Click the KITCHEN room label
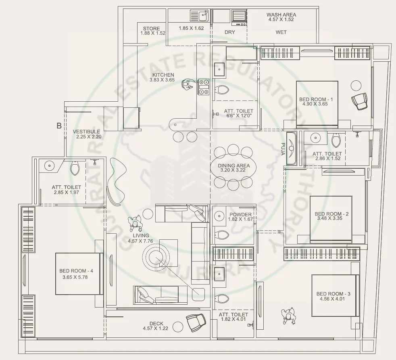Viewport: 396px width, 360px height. [163, 75]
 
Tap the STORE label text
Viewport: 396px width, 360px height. [151, 29]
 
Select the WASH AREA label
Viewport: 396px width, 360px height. [281, 15]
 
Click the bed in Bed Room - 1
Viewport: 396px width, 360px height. [317, 104]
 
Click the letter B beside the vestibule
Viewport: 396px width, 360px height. [59, 126]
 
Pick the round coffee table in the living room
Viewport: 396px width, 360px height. [156, 256]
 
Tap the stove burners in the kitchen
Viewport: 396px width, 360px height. [203, 86]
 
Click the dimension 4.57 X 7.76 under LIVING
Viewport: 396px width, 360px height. [138, 241]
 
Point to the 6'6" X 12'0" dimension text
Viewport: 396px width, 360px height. [239, 117]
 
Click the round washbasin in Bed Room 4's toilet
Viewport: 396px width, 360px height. [50, 165]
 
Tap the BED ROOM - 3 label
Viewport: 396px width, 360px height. [333, 294]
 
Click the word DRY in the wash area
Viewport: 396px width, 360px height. [229, 32]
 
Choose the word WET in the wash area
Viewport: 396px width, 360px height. [281, 32]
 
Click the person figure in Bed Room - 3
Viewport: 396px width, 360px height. [289, 315]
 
